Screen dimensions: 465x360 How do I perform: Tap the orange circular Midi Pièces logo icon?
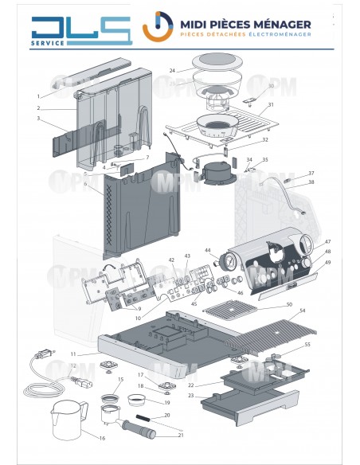tap(158, 26)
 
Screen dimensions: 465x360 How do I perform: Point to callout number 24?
tap(172, 70)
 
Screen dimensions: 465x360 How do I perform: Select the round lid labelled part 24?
tap(213, 61)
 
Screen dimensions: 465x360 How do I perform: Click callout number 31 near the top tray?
tap(271, 105)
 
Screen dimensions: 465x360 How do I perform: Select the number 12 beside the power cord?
tap(72, 366)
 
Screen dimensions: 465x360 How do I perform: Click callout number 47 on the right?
tap(327, 241)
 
